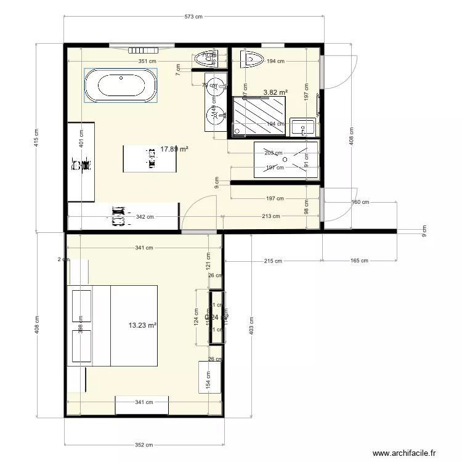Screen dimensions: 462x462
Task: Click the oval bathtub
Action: coord(120,86)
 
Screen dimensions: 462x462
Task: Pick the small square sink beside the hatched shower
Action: coord(302,128)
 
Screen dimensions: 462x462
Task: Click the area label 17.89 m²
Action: coord(174,148)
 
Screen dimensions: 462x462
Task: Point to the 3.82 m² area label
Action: coord(275,92)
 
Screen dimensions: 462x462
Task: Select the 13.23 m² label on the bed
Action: coord(142,325)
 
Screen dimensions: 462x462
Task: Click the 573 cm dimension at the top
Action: coord(193,17)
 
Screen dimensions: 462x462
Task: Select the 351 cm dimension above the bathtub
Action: coord(147,61)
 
